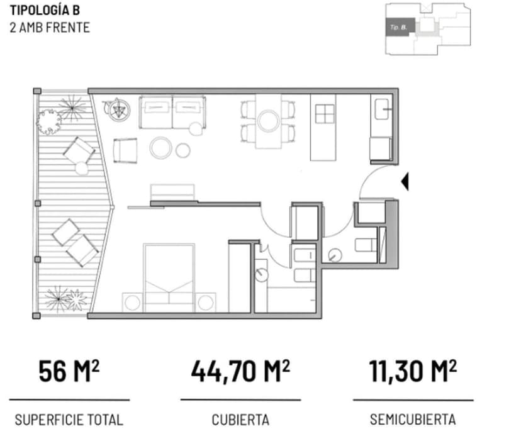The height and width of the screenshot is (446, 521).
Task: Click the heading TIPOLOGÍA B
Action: pyautogui.click(x=45, y=11)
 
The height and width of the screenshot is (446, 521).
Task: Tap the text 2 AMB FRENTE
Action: pyautogui.click(x=50, y=27)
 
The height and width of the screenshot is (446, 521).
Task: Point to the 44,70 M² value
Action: pyautogui.click(x=240, y=371)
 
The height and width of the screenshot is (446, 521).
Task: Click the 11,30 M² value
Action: pyautogui.click(x=413, y=371)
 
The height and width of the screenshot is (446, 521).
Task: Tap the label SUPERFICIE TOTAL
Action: pyautogui.click(x=69, y=420)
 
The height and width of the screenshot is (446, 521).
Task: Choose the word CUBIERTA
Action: pyautogui.click(x=240, y=420)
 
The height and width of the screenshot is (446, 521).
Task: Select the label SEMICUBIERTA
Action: pyautogui.click(x=413, y=420)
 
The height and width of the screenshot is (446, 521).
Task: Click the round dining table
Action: pyautogui.click(x=269, y=120)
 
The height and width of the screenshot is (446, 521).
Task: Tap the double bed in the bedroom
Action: pyautogui.click(x=168, y=276)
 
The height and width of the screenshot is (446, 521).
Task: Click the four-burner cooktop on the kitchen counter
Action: pyautogui.click(x=326, y=114)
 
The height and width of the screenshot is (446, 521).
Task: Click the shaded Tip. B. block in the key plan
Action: pyautogui.click(x=400, y=27)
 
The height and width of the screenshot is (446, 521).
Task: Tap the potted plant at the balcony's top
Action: pyautogui.click(x=48, y=119)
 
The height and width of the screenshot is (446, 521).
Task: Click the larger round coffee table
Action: pyautogui.click(x=161, y=148)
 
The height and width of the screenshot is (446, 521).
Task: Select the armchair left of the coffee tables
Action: pyautogui.click(x=125, y=151)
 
